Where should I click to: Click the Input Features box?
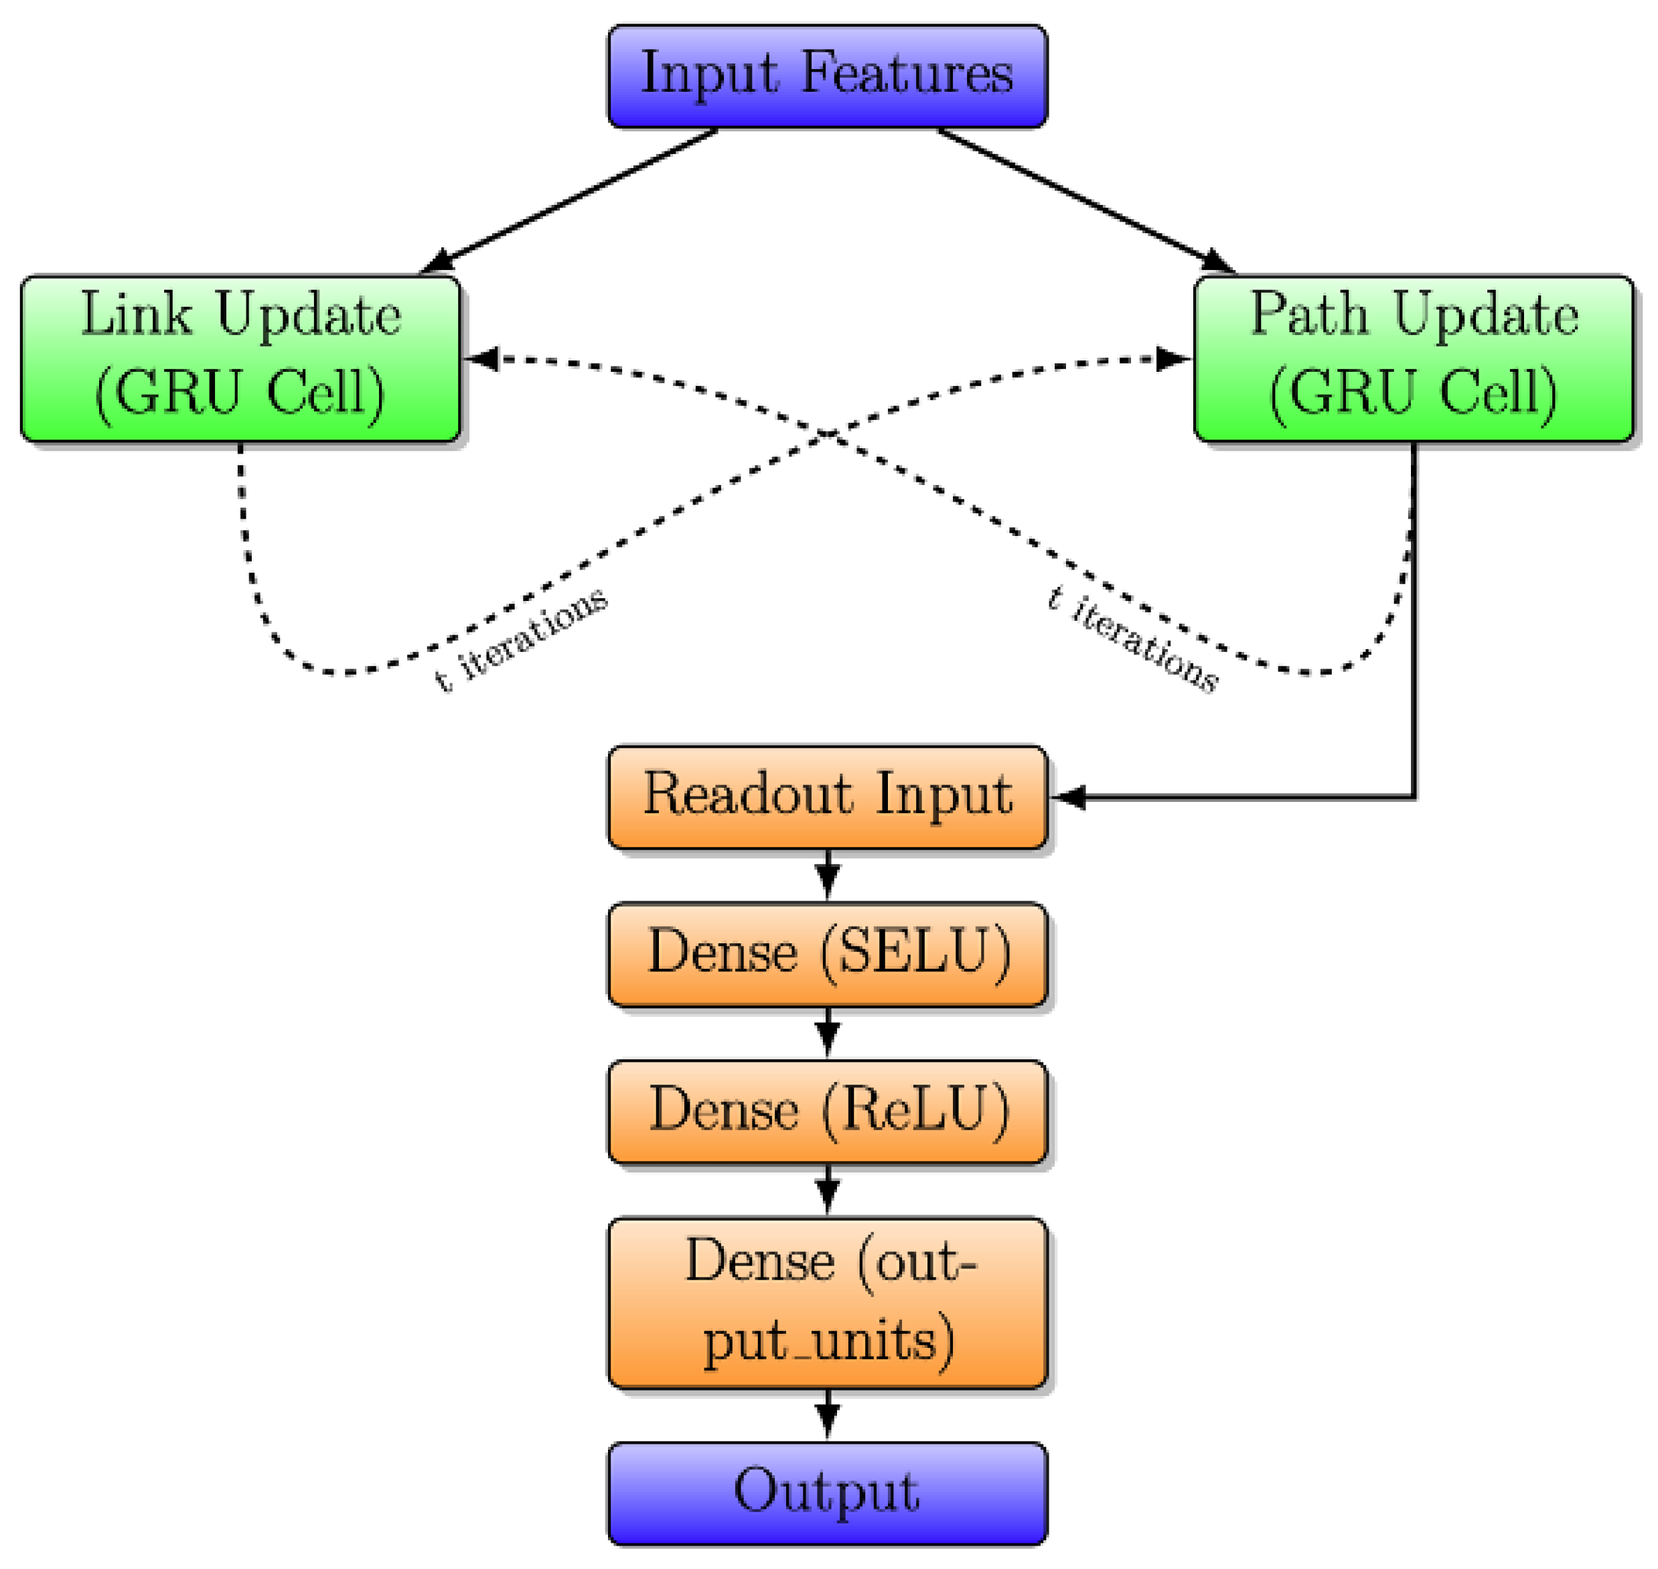[x=826, y=76]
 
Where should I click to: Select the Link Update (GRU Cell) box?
[x=241, y=358]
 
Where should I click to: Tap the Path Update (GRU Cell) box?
[x=1413, y=358]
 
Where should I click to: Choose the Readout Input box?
[x=826, y=796]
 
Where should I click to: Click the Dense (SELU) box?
[x=826, y=953]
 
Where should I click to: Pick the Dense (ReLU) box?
[x=826, y=1111]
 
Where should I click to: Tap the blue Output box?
[x=826, y=1493]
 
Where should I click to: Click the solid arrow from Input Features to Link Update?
[x=569, y=201]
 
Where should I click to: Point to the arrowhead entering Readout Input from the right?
[x=1067, y=797]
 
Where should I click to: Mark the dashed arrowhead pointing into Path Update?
[x=1173, y=359]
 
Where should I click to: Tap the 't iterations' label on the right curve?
[x=1133, y=640]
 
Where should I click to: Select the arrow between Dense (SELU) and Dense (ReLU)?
[x=827, y=1034]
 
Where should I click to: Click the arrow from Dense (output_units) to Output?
[x=827, y=1414]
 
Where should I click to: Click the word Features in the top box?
[x=907, y=74]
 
